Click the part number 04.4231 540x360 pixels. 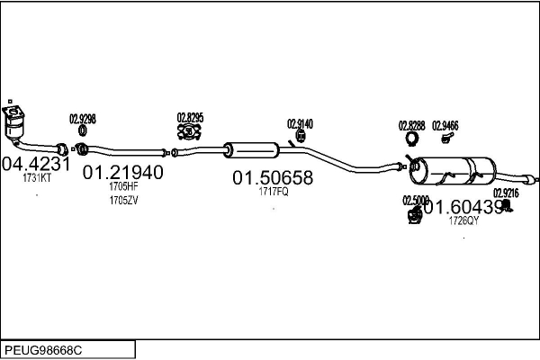coord(36,165)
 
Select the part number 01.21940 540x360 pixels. coord(123,172)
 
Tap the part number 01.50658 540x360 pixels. coord(273,178)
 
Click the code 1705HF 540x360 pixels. coord(123,186)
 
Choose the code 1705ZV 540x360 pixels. coord(123,199)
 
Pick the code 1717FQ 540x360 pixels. coord(273,193)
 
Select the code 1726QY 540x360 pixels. coord(463,220)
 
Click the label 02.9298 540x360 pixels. coord(83,119)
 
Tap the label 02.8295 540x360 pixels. coord(190,117)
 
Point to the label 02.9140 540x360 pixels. coord(301,124)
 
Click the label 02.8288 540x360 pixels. coord(411,126)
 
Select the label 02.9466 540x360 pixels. coord(445,126)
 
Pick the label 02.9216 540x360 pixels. coord(506,193)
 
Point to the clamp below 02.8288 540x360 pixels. coord(412,140)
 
